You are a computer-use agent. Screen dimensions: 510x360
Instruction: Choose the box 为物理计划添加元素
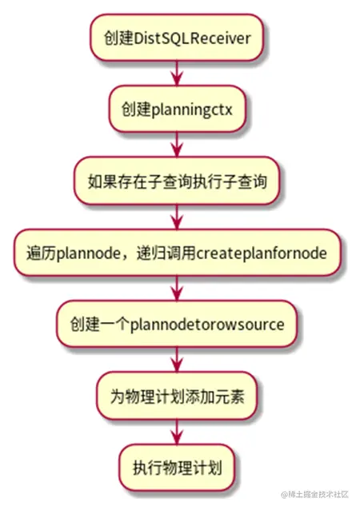[x=177, y=393]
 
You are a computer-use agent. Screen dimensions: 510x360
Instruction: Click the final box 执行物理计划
[x=177, y=464]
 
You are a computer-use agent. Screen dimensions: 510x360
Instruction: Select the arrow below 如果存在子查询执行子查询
[x=177, y=215]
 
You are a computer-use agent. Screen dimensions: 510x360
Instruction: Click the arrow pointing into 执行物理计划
[x=177, y=429]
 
